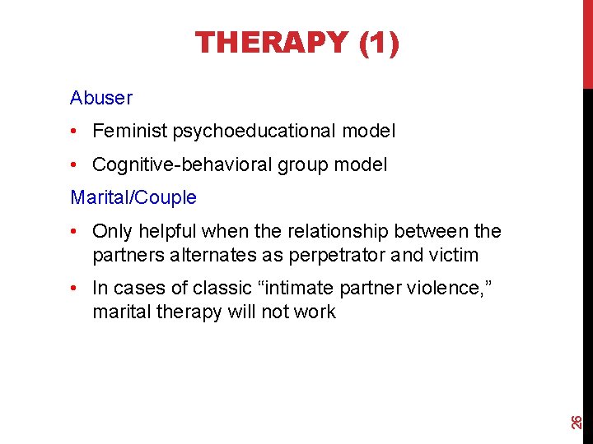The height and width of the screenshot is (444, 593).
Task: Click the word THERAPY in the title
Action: (x=272, y=42)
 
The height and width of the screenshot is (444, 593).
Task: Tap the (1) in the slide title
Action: (x=379, y=42)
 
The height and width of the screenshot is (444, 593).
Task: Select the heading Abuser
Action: (x=101, y=98)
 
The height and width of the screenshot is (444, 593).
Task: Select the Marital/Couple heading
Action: (x=133, y=197)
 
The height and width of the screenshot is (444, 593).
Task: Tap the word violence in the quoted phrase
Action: (x=439, y=289)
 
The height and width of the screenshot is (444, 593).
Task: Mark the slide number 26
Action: (x=578, y=422)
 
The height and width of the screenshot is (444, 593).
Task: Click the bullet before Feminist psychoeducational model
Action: (x=75, y=131)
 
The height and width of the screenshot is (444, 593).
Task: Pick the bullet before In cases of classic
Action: (x=75, y=289)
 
